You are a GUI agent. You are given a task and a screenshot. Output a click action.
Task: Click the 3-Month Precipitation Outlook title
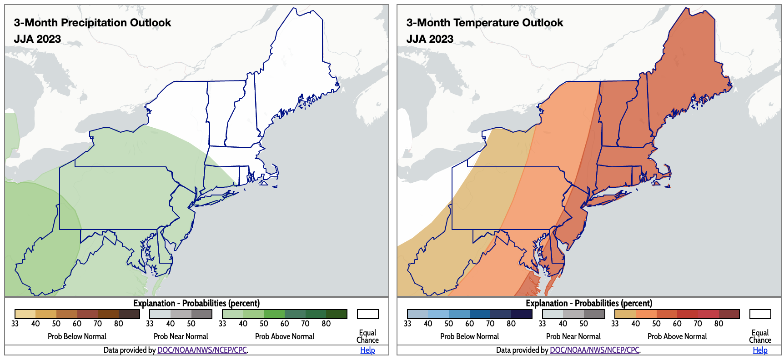pos(92,23)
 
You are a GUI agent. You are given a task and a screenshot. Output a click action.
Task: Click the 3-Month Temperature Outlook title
pos(485,23)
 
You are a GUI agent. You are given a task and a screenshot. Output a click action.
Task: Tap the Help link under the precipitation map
pos(367,350)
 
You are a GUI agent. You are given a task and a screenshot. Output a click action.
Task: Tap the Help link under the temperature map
pos(760,350)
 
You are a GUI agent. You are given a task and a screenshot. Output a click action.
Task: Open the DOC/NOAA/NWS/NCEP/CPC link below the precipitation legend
pos(202,350)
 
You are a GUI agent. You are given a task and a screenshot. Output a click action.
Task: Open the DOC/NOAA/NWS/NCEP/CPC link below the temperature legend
pos(594,350)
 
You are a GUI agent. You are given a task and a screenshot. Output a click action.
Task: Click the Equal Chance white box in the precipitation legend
pos(367,314)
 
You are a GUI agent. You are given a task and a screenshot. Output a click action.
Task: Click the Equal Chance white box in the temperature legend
pos(760,314)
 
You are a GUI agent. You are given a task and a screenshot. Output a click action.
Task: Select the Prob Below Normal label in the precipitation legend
pos(77,336)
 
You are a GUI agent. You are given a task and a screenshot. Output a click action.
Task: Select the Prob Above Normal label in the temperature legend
pos(677,336)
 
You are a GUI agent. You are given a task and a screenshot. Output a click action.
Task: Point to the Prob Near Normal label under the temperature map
pos(573,336)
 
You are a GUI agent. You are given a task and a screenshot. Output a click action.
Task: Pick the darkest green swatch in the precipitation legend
pos(337,314)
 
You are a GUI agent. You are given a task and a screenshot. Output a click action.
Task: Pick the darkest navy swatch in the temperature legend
pos(522,314)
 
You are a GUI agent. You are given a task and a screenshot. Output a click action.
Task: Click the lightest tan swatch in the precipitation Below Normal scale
pos(25,314)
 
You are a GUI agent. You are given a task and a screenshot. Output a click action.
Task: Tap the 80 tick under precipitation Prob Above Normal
pos(326,324)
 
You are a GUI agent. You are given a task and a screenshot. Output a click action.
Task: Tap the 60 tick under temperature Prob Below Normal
pos(470,324)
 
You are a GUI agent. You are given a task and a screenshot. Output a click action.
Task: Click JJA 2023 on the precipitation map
pos(37,39)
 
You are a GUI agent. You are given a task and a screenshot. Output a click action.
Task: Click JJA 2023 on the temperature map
pos(430,39)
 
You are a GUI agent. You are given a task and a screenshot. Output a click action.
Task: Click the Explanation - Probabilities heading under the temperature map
pos(589,303)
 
